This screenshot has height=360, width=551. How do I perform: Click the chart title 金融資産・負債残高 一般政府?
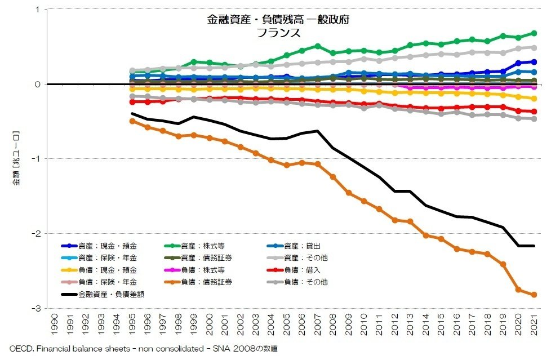click(278, 20)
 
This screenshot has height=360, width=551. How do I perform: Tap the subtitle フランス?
click(278, 33)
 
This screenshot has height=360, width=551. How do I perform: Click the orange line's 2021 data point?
click(534, 295)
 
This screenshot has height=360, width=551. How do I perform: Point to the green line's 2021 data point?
click(534, 33)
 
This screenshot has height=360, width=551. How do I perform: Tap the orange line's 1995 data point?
click(132, 121)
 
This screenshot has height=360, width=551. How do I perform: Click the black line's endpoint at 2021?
click(534, 246)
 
